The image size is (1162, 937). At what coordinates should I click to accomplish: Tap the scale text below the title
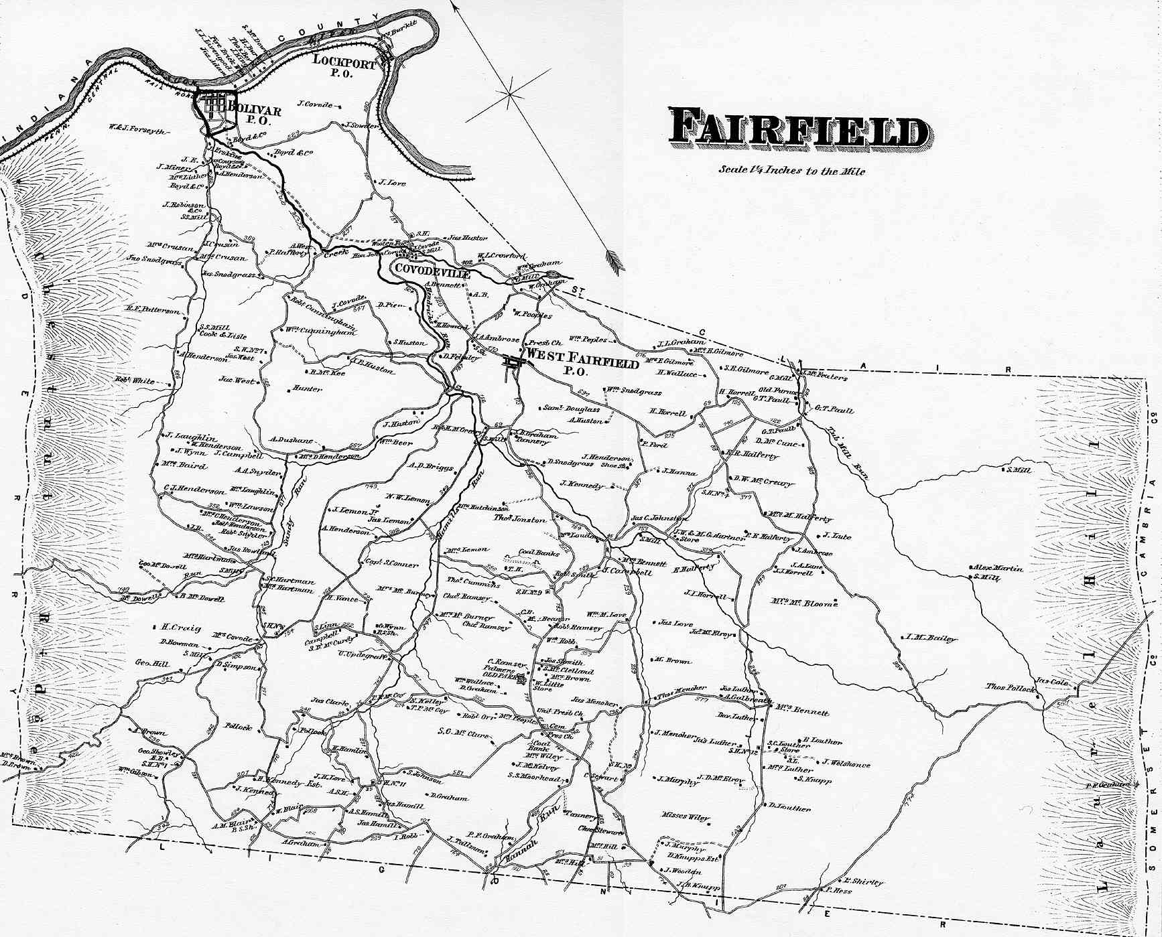click(x=791, y=171)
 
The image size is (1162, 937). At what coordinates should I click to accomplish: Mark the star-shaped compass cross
click(x=509, y=95)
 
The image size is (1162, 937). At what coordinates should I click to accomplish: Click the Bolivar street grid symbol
click(x=214, y=105)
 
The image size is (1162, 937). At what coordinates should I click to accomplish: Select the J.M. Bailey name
click(x=931, y=638)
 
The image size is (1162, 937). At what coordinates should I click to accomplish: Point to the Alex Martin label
click(x=997, y=569)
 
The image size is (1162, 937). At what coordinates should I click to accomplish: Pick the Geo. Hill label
click(x=153, y=663)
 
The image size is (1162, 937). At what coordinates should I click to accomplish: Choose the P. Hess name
click(x=839, y=891)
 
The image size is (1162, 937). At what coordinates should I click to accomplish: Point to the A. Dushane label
click(x=292, y=441)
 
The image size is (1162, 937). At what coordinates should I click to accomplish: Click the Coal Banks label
click(x=539, y=553)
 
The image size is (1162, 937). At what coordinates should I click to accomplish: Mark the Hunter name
click(x=308, y=389)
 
